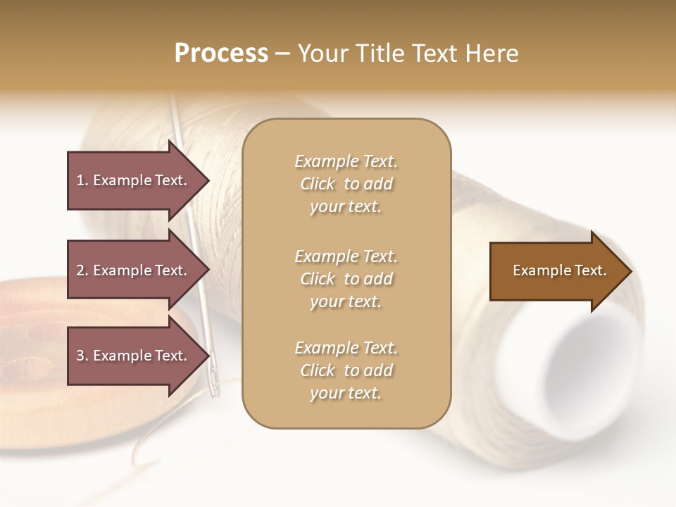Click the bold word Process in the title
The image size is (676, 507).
coord(221,54)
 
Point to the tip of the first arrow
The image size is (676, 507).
coord(208,180)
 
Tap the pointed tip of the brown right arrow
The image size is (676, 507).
coord(630,271)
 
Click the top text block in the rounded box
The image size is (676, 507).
coord(346,184)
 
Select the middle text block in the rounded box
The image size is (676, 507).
coord(346,279)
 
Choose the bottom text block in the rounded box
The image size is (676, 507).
coord(346,370)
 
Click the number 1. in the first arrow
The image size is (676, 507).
coord(82,180)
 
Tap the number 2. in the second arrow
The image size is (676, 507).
coord(82,270)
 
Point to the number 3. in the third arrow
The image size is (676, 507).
coord(82,356)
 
